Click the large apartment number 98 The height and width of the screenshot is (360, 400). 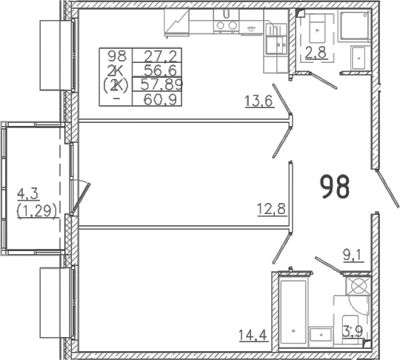pyautogui.click(x=334, y=187)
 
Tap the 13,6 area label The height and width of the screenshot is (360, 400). pyautogui.click(x=259, y=101)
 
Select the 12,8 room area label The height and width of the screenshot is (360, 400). pyautogui.click(x=271, y=210)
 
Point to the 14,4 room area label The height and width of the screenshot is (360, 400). pyautogui.click(x=253, y=335)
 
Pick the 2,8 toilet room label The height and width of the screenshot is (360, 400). pyautogui.click(x=316, y=53)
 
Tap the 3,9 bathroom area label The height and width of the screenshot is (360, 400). pyautogui.click(x=353, y=332)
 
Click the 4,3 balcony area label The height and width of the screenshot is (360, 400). pyautogui.click(x=28, y=194)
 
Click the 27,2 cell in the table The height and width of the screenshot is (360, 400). pyautogui.click(x=161, y=56)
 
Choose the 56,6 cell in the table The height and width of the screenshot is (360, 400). pyautogui.click(x=161, y=70)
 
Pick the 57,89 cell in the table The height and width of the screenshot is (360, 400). pyautogui.click(x=161, y=84)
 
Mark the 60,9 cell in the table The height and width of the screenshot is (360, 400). pyautogui.click(x=161, y=99)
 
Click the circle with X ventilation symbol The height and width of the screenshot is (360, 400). pyautogui.click(x=359, y=286)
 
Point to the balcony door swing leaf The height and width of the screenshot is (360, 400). pyautogui.click(x=81, y=198)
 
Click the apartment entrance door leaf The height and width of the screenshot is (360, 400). pyautogui.click(x=387, y=188)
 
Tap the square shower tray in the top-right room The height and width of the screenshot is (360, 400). pyautogui.click(x=354, y=25)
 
